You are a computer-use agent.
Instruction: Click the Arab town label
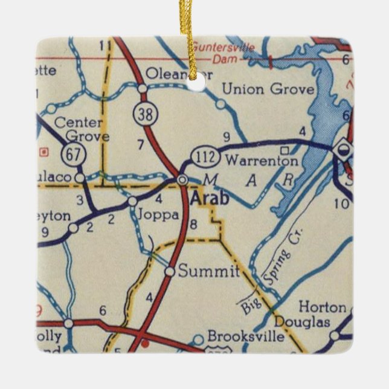click(210, 198)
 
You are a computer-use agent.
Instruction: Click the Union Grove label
click(268, 90)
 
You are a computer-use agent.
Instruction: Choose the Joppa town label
click(158, 214)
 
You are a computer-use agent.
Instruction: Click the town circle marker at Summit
click(170, 272)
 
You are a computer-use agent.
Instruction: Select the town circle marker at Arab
click(182, 180)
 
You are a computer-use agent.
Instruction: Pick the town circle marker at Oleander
click(142, 89)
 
